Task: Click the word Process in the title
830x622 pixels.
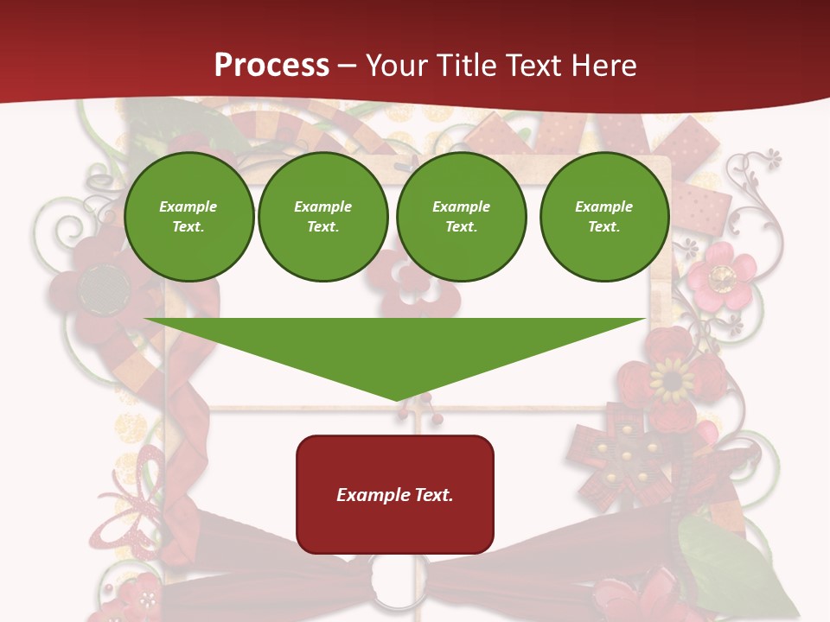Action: [271, 66]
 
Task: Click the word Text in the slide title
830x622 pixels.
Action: [533, 66]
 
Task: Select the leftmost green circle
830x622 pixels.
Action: [189, 217]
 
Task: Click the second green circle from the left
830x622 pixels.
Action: [323, 217]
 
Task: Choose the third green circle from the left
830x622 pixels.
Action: [461, 217]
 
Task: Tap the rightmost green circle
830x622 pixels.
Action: [604, 217]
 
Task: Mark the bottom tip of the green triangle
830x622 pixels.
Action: [396, 398]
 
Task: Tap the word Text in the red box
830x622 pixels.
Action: [434, 495]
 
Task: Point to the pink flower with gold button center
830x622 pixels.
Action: [720, 276]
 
